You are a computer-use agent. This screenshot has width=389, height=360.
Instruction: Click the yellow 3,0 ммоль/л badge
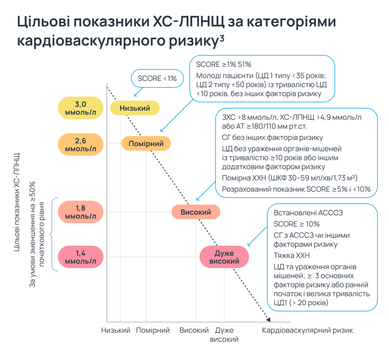(x=81, y=108)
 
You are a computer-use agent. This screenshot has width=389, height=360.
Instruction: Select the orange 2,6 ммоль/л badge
(x=81, y=145)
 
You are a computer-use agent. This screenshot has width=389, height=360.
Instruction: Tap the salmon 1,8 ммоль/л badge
(x=81, y=212)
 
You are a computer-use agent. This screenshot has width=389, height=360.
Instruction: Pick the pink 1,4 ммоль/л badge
(x=81, y=257)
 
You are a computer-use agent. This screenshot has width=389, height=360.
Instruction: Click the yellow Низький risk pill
(x=135, y=108)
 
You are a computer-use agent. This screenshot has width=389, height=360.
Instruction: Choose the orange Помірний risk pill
(x=146, y=143)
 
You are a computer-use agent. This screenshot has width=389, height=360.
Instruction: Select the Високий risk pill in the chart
(x=196, y=212)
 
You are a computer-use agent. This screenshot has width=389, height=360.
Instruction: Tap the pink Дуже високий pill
(x=224, y=257)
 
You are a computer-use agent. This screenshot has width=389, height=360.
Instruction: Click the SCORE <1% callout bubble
(x=157, y=79)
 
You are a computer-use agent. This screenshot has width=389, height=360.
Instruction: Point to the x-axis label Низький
(x=116, y=330)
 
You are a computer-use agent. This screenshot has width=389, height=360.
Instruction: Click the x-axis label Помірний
(x=153, y=330)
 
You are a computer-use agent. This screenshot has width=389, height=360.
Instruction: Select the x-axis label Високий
(x=194, y=330)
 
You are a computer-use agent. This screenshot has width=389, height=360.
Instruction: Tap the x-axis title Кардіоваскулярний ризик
(x=307, y=330)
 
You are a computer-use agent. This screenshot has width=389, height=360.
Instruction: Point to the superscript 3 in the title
(x=222, y=38)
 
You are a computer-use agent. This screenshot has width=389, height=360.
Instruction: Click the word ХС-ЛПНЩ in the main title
(x=188, y=22)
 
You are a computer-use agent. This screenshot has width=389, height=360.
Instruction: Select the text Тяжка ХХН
(x=291, y=256)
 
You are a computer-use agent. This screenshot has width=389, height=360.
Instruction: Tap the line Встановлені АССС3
(x=308, y=213)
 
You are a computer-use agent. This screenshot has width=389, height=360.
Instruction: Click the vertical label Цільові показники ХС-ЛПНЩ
(x=17, y=202)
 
